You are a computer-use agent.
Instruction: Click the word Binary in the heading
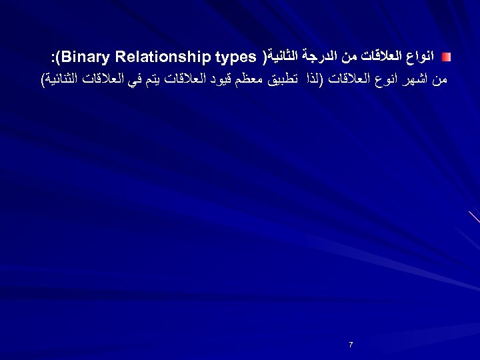coord(85,54)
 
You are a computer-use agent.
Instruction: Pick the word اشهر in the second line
coord(417,79)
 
